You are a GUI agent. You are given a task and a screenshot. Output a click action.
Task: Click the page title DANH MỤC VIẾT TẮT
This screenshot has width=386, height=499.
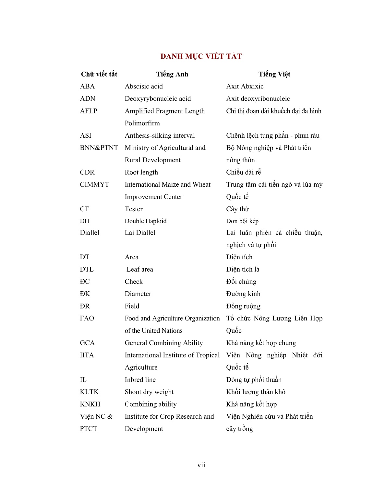tap(201, 56)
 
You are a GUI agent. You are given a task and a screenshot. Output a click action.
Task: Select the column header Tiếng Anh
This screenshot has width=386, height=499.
tap(172, 74)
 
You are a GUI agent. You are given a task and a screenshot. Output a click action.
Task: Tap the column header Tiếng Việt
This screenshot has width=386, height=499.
tap(274, 74)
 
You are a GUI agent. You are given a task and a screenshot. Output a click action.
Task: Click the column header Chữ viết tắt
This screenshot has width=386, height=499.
tap(99, 74)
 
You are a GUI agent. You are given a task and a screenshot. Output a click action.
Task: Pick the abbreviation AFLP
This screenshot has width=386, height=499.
tap(89, 111)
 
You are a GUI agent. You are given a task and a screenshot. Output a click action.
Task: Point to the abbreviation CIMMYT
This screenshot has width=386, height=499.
tap(94, 184)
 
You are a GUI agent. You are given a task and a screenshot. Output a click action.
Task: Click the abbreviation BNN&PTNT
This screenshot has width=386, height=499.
tap(99, 148)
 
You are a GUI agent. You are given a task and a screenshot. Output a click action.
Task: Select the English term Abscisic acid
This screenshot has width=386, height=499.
tap(144, 86)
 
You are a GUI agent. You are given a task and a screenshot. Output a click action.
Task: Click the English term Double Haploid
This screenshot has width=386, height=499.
tap(146, 221)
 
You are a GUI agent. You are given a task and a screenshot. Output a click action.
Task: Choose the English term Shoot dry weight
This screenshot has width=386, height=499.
tap(149, 392)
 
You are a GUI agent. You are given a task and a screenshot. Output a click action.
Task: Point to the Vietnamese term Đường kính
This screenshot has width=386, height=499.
tap(243, 294)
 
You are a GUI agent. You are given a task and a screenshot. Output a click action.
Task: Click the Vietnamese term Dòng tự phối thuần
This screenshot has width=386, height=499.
tap(254, 379)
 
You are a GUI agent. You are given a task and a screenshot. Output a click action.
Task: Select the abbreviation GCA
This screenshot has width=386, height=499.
tap(87, 343)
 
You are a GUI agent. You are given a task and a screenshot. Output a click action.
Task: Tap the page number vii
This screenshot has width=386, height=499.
tap(201, 465)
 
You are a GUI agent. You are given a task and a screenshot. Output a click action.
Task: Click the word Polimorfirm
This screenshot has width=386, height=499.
tap(142, 123)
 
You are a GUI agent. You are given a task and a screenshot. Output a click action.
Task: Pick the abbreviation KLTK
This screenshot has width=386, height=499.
tap(89, 392)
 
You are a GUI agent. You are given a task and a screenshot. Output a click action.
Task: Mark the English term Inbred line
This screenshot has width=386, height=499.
tap(140, 379)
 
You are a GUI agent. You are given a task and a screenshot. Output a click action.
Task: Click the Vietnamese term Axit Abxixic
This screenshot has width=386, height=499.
tap(245, 86)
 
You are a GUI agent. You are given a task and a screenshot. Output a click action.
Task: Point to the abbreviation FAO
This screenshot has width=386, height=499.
tap(87, 318)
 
